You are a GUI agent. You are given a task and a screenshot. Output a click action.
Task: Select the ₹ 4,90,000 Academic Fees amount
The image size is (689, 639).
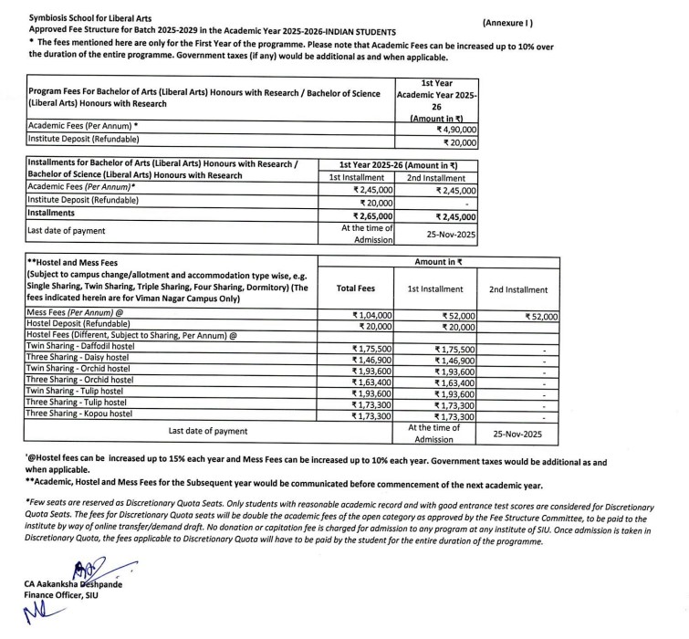click(x=457, y=129)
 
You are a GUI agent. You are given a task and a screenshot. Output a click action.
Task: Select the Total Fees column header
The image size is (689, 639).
click(x=355, y=288)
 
